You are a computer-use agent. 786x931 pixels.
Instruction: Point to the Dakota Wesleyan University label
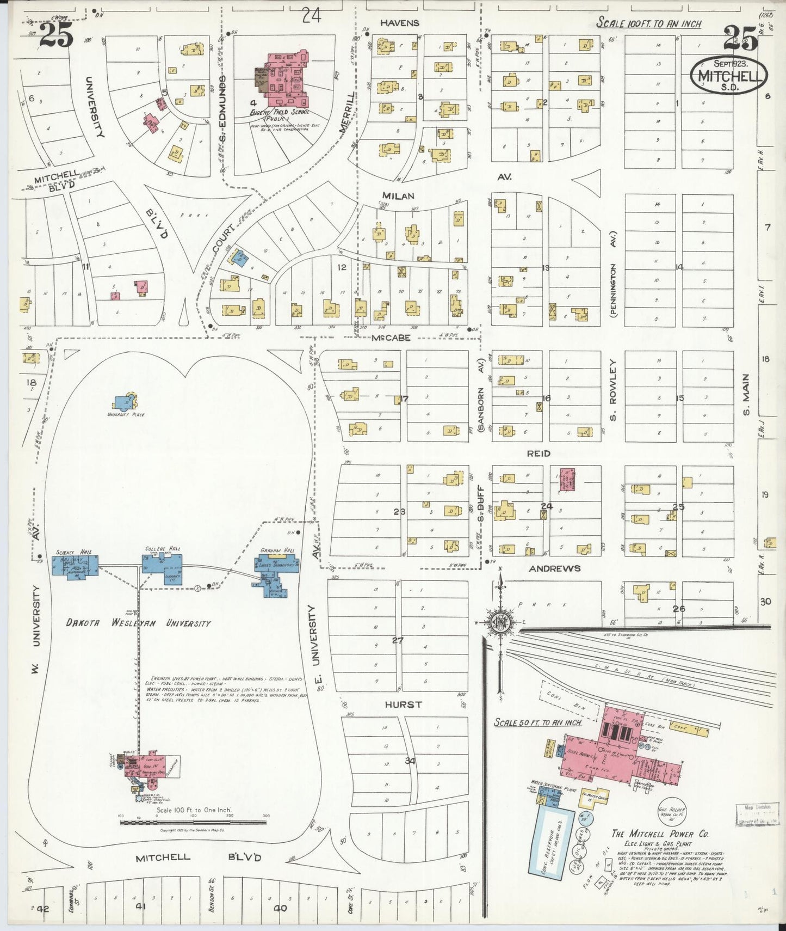tap(138, 623)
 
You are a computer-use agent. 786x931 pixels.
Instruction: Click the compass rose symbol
tap(499, 622)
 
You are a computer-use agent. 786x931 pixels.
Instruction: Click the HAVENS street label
tap(400, 23)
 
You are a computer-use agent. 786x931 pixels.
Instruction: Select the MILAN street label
tap(398, 196)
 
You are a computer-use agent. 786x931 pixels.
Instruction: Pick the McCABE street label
tap(391, 338)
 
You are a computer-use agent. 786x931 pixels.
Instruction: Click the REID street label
tap(539, 454)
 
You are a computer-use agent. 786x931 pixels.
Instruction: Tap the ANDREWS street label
tap(554, 568)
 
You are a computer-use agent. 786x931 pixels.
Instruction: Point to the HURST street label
tap(403, 705)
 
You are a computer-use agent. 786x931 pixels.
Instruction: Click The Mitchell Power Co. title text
tap(660, 834)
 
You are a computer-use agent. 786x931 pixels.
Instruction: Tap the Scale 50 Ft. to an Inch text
tap(537, 722)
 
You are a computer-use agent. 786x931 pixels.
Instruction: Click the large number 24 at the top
tap(311, 16)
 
